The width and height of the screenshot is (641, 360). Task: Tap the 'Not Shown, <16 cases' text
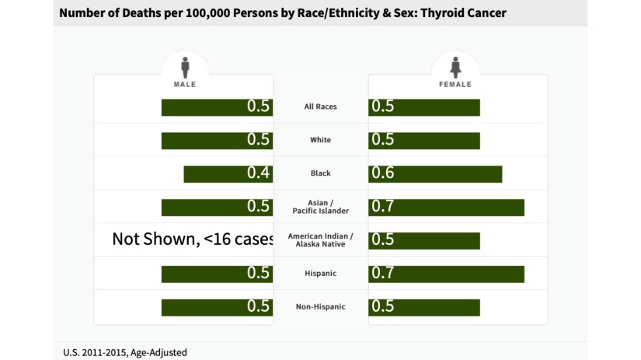pos(192,239)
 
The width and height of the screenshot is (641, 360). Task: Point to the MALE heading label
pos(184,84)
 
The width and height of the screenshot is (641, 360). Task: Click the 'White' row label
pos(320,140)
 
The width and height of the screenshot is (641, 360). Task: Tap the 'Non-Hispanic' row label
pos(320,306)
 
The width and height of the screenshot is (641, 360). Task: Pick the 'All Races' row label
pos(320,107)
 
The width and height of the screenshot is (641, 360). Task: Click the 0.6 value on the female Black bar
pos(383,173)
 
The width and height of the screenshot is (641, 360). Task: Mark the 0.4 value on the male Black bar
pos(259,173)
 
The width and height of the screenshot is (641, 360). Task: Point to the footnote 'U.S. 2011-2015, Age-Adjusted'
pos(125,352)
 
